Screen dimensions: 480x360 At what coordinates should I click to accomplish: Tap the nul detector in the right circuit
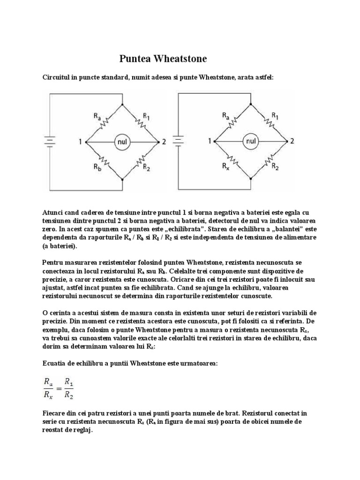(x=252, y=141)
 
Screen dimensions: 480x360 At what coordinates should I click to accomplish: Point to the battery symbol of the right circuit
(x=178, y=141)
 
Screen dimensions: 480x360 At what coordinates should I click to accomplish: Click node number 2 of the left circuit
(x=164, y=141)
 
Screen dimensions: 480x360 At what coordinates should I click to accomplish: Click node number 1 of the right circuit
(x=210, y=141)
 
